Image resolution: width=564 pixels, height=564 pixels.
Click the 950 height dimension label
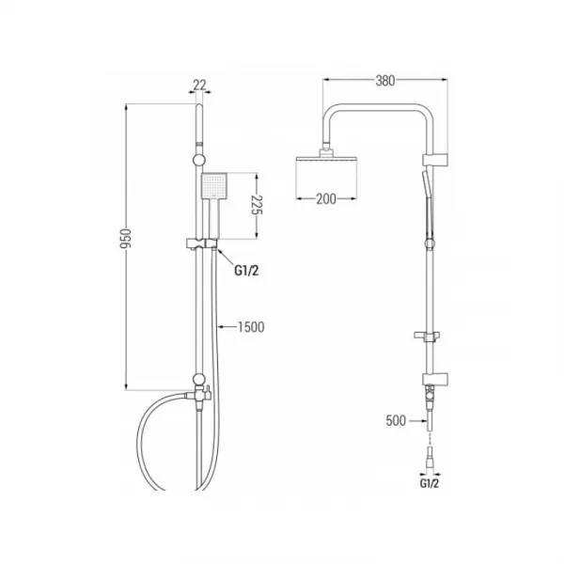[x=126, y=239]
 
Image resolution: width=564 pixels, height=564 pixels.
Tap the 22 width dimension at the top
[x=199, y=85]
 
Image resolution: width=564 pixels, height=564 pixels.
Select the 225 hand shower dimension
[x=257, y=205]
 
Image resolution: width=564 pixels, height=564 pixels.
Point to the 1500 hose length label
[x=251, y=327]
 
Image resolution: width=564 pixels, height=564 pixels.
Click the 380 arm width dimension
[x=385, y=81]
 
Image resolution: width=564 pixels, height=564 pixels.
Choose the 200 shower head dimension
[x=326, y=198]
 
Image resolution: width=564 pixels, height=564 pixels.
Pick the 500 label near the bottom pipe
[x=396, y=420]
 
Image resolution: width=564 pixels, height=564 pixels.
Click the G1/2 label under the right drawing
[x=430, y=483]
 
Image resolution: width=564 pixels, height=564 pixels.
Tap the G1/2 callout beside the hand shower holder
[x=246, y=270]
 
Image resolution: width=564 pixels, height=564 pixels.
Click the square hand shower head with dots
[x=214, y=185]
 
